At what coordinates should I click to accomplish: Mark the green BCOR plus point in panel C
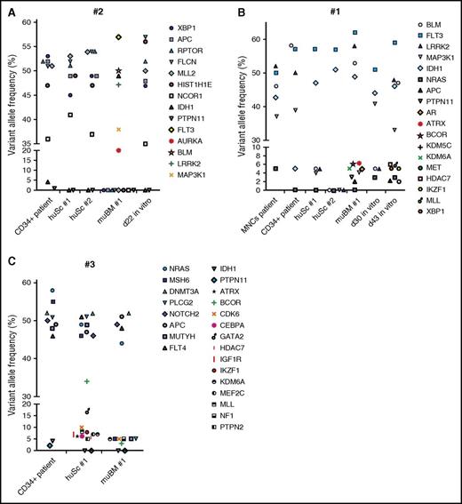point(86,381)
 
